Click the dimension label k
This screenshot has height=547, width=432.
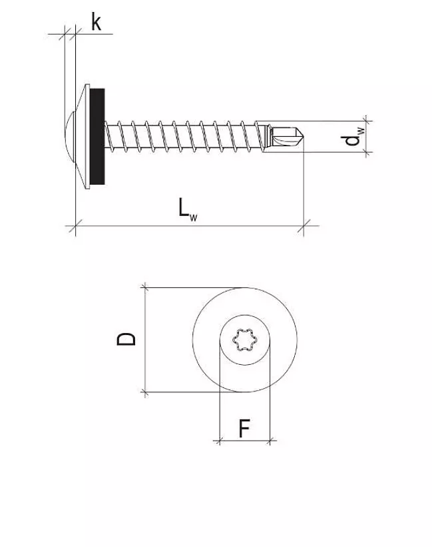96,23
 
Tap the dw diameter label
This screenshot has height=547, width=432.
351,138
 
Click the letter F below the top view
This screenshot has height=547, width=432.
244,429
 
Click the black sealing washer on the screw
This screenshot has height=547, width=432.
97,137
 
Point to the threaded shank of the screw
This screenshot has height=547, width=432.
180,137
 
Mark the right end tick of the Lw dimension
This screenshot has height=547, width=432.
304,227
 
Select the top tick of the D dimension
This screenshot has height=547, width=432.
145,288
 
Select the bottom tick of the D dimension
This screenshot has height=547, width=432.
145,392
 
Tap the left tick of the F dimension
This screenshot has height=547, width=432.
220,440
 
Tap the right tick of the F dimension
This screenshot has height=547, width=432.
270,440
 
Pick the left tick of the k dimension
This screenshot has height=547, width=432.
65,33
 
